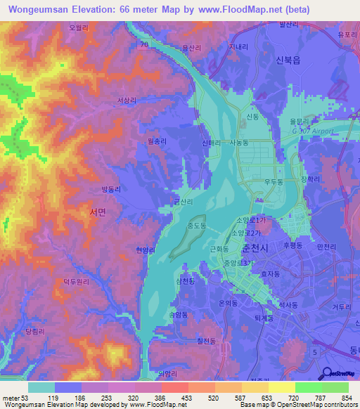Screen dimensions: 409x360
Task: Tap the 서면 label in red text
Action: coord(98,211)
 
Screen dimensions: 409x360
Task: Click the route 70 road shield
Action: coord(143,46)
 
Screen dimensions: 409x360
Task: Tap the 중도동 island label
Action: coord(196,226)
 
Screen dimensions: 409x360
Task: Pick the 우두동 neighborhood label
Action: coord(273,181)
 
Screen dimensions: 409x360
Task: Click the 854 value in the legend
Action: coord(344,398)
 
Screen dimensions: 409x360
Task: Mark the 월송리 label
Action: coord(157,141)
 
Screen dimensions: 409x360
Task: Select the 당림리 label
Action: coord(34,330)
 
